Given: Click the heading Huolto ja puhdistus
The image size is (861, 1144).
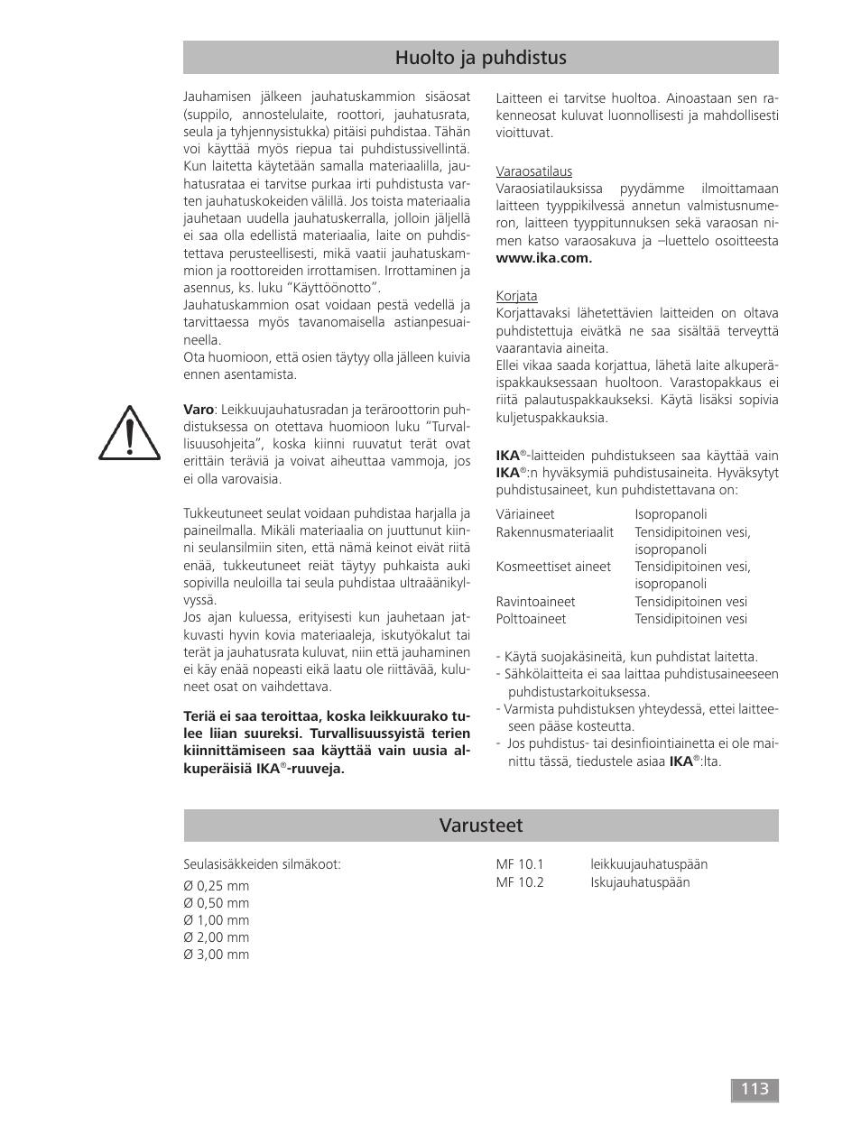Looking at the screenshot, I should tap(480, 58).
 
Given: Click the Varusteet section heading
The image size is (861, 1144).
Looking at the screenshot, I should tap(480, 826).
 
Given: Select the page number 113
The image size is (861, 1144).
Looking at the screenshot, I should tap(755, 1089).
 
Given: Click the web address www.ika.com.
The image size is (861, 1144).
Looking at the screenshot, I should tap(543, 258).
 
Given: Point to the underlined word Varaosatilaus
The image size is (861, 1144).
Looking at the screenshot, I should tap(533, 171).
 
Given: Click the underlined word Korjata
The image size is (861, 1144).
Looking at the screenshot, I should tap(516, 296).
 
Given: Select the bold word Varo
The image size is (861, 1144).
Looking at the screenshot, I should tap(199, 410).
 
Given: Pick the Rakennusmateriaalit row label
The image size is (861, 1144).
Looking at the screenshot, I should tap(554, 532).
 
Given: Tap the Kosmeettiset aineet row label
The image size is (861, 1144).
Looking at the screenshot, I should tap(553, 567).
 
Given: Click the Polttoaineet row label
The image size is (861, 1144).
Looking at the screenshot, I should tap(531, 619).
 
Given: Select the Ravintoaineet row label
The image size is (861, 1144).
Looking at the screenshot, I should tap(535, 602).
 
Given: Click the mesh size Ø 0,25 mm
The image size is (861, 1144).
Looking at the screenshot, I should tap(217, 886).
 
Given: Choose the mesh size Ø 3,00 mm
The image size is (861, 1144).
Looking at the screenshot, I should tap(217, 955).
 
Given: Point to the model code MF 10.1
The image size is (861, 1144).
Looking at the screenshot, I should tap(520, 864).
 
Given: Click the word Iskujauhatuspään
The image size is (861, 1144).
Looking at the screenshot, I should tap(640, 882).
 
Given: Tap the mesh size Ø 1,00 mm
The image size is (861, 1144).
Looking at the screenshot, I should tap(217, 920).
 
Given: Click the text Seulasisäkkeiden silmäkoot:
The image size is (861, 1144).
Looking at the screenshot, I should tap(262, 864).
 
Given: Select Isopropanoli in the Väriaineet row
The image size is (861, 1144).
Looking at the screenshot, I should tap(671, 514).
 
